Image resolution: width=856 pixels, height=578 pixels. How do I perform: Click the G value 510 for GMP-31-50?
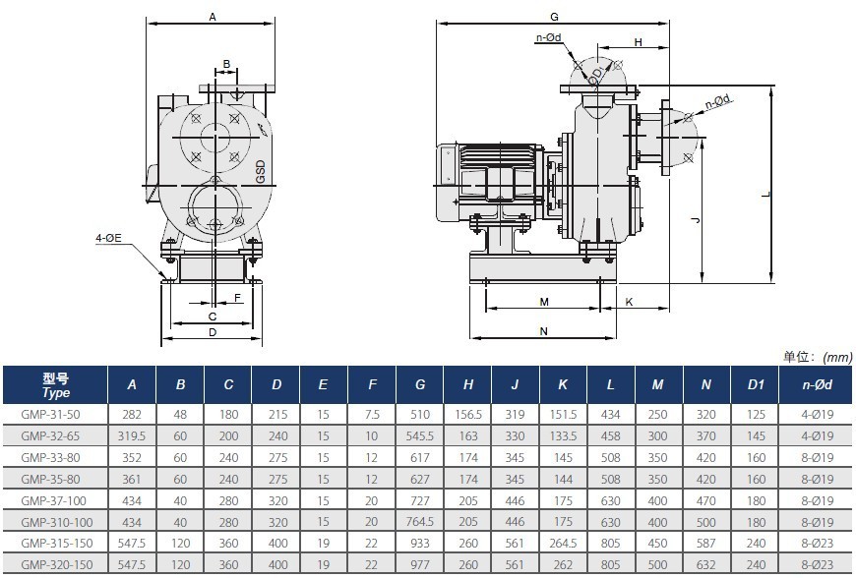(420, 415)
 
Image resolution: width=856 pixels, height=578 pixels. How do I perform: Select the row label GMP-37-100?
(57, 500)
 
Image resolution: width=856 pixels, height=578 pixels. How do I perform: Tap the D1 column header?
(756, 385)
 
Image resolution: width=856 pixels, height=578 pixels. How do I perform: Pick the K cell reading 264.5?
(563, 544)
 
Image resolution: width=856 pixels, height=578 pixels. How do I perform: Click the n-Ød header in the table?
(818, 385)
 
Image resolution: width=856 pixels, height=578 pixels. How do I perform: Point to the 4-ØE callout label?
(108, 238)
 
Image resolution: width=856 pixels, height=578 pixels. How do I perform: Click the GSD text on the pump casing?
(261, 171)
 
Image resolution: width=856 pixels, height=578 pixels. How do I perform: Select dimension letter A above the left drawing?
(213, 17)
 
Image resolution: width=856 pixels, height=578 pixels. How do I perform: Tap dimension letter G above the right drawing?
(554, 17)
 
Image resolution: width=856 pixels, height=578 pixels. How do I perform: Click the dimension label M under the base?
(544, 302)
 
